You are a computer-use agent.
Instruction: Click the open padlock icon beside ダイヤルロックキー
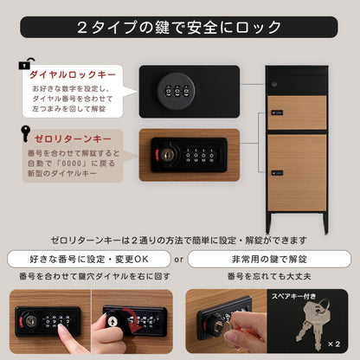(x=24, y=65)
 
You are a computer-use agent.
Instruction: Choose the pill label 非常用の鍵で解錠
(x=269, y=258)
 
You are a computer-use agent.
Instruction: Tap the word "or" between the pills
(x=177, y=258)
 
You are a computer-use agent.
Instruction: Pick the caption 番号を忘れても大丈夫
(x=269, y=276)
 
